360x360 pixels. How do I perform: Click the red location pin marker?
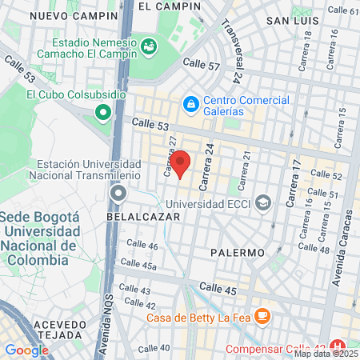180,162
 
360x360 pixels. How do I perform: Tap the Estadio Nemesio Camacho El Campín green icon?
149,47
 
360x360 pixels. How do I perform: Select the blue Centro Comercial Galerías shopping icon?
191,104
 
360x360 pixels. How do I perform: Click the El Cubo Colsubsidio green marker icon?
102,113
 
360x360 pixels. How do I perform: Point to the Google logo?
26,350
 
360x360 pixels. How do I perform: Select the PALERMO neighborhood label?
238,253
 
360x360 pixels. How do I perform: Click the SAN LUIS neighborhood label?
293,20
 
